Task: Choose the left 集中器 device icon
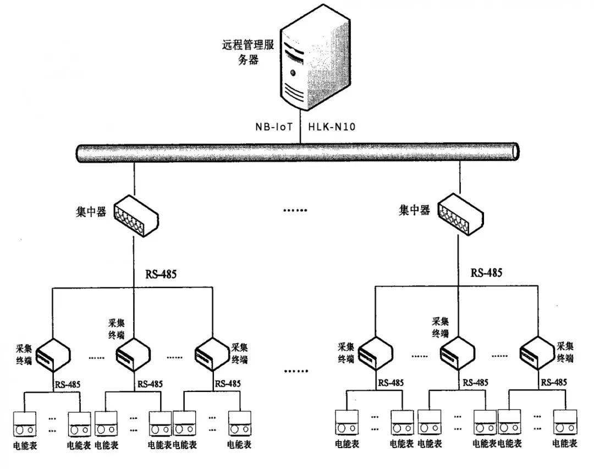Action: point(136,214)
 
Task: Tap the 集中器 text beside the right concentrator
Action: point(414,210)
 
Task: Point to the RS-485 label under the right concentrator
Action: point(486,272)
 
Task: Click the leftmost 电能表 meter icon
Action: point(24,424)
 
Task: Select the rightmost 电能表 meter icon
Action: point(565,424)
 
